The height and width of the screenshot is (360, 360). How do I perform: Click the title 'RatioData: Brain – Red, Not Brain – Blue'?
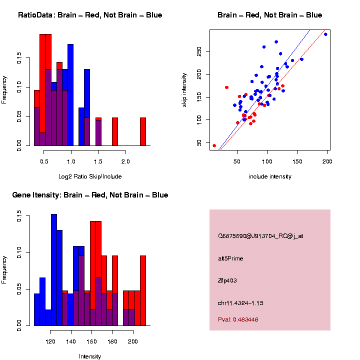pyautogui.click(x=90, y=15)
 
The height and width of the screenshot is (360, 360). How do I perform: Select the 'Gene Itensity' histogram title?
pyautogui.click(x=90, y=195)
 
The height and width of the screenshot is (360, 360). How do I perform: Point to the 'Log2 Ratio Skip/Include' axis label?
pyautogui.click(x=90, y=176)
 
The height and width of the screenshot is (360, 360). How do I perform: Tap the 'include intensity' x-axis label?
pyautogui.click(x=270, y=176)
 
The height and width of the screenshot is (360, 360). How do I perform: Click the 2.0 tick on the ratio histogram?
pyautogui.click(x=125, y=162)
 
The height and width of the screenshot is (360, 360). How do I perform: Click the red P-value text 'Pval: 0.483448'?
pyautogui.click(x=238, y=319)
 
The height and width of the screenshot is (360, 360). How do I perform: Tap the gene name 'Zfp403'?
pyautogui.click(x=227, y=280)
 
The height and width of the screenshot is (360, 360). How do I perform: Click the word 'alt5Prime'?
pyautogui.click(x=230, y=258)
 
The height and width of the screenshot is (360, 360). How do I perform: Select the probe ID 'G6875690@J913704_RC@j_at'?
pyautogui.click(x=260, y=236)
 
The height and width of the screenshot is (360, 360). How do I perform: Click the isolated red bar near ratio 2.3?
pyautogui.click(x=143, y=132)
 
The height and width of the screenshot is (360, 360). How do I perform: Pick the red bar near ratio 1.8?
pyautogui.click(x=115, y=132)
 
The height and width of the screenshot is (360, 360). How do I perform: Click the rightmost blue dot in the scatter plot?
pyautogui.click(x=325, y=34)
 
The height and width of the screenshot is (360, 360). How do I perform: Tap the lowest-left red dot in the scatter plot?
pyautogui.click(x=214, y=146)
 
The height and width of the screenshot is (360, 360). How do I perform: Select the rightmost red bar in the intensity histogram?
pyautogui.click(x=143, y=290)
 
